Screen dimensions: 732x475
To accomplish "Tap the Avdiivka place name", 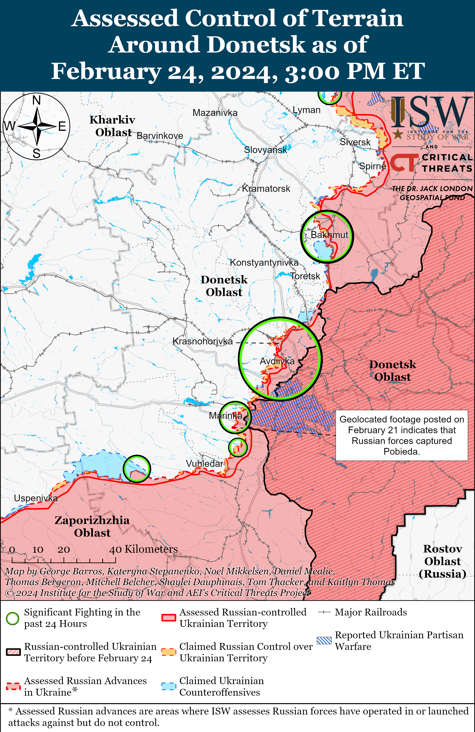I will click(x=277, y=361).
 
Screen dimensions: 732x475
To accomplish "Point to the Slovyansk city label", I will click(x=265, y=150).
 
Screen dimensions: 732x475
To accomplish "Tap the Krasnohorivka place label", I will click(x=202, y=341).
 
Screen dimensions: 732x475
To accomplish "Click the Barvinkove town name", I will click(x=160, y=136).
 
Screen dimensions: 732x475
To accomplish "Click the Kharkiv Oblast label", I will click(x=112, y=126).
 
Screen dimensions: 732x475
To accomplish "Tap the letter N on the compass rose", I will click(x=37, y=100).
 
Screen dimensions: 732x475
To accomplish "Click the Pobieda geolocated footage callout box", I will click(x=401, y=435).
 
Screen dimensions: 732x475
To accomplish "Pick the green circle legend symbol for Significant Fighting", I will click(x=13, y=618).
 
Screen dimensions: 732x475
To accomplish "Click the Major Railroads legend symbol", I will click(x=324, y=612).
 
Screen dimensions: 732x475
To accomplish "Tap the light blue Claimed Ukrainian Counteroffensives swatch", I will click(x=169, y=686).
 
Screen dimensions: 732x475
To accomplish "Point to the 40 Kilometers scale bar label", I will click(x=143, y=549).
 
